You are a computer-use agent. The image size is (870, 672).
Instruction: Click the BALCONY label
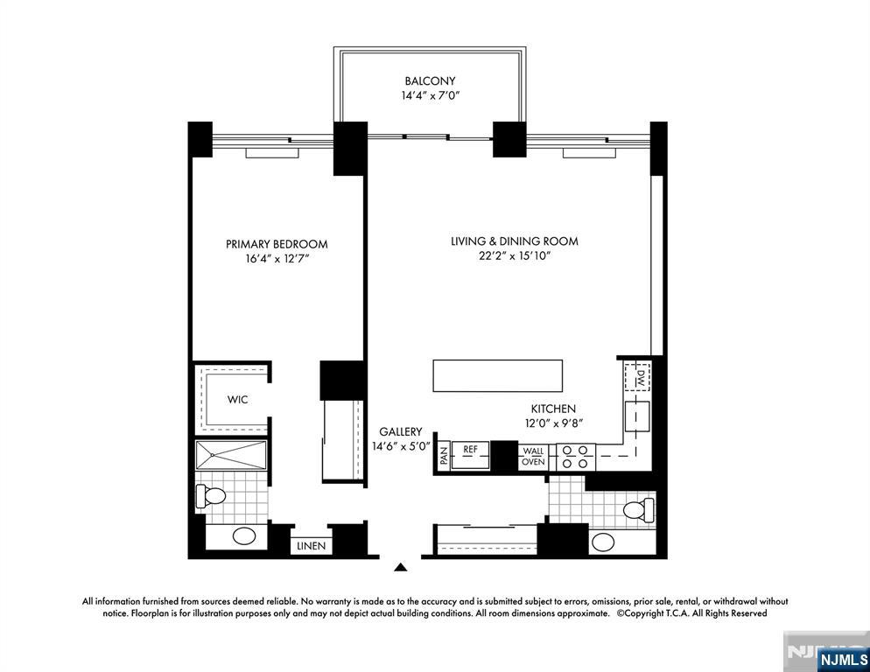click(430, 80)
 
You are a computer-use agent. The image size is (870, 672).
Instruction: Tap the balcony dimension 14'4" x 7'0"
click(430, 95)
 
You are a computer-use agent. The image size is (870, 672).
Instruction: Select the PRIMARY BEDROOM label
click(277, 244)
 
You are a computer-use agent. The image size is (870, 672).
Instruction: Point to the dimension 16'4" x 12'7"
click(277, 260)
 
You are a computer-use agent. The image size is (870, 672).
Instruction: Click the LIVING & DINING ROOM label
click(515, 241)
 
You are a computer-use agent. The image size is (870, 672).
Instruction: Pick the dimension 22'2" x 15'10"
click(515, 256)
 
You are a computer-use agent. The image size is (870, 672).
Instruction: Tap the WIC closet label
click(237, 400)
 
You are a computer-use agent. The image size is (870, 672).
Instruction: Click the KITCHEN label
click(553, 409)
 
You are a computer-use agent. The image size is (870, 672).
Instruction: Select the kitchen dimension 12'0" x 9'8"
click(553, 423)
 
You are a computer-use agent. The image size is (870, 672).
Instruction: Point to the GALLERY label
click(401, 431)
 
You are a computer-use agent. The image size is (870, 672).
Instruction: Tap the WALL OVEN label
click(533, 457)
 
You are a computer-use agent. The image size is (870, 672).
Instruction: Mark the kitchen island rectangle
click(496, 376)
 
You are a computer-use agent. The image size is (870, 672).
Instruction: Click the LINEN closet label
click(311, 546)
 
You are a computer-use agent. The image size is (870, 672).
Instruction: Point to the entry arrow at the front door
click(401, 568)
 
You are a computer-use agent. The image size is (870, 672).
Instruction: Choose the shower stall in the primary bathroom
click(231, 455)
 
